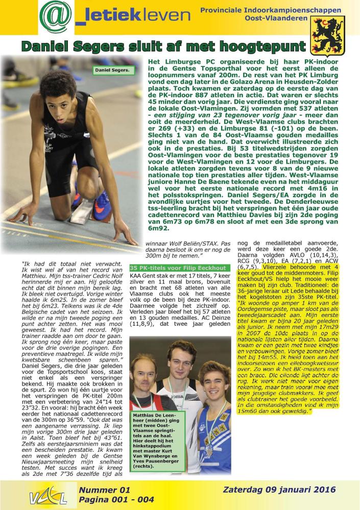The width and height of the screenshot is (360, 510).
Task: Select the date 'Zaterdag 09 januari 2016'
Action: tap(279, 490)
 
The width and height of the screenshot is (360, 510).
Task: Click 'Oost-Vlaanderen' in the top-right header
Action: tap(283, 18)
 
